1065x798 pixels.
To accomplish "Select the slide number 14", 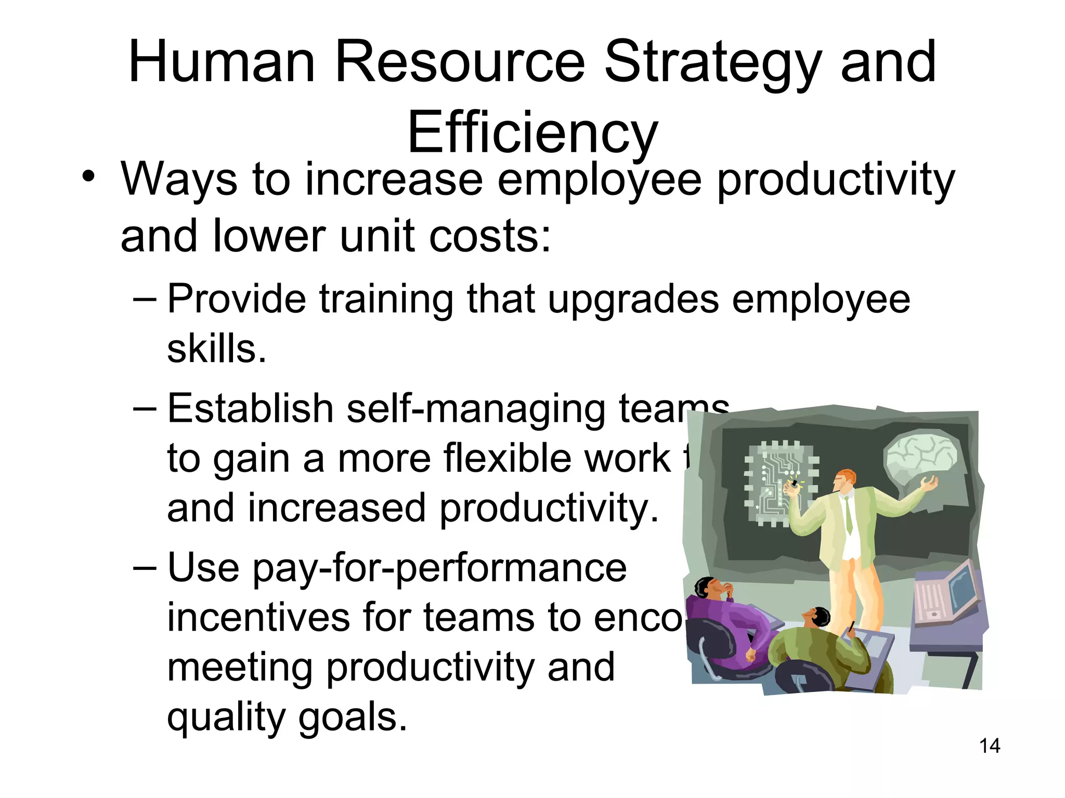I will tap(989, 746).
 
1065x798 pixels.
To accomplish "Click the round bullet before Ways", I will tap(88, 176).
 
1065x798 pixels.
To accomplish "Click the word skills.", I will tap(216, 349).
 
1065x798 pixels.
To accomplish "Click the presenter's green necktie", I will tap(848, 514).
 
